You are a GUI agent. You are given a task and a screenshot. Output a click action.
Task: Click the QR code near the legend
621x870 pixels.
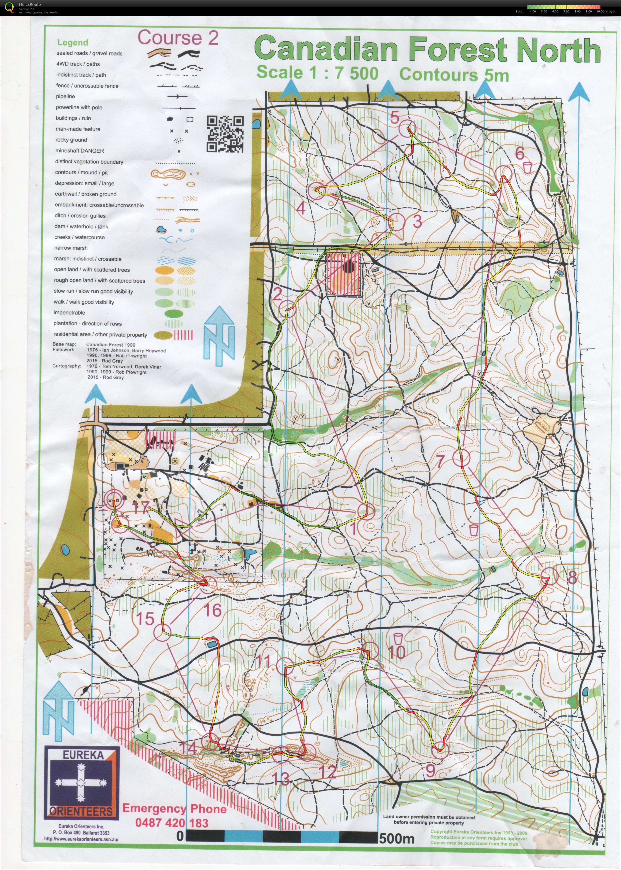(225, 134)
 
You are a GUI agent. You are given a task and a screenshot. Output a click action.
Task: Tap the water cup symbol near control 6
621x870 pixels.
(528, 167)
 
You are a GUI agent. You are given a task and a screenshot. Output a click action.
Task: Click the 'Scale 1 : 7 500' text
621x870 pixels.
(317, 73)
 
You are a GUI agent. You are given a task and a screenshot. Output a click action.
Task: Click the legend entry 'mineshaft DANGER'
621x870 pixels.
(79, 151)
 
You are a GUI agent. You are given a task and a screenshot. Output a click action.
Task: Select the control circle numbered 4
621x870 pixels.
(317, 190)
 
